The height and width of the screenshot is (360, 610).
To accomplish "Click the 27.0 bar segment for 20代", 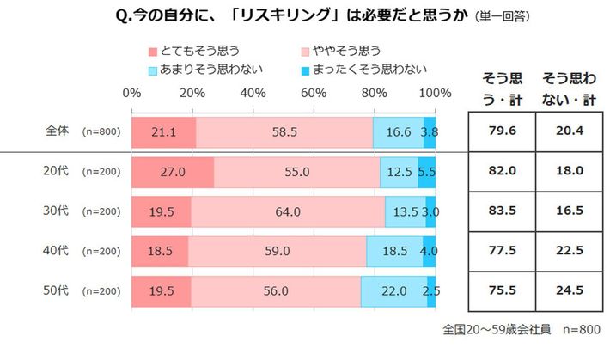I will (x=173, y=171).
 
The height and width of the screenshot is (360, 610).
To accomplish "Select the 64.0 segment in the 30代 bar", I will (x=288, y=211).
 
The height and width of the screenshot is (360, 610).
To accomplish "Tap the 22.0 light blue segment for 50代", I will (x=393, y=291).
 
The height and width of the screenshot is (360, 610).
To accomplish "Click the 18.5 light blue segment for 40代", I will (x=394, y=251).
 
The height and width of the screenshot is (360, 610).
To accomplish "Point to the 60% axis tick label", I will (x=314, y=93).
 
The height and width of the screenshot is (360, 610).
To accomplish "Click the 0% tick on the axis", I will (x=132, y=93).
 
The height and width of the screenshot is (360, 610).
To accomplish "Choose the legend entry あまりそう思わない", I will (x=205, y=68).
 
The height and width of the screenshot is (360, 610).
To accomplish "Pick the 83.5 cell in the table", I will (x=500, y=211).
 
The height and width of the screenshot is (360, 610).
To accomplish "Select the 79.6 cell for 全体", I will (x=500, y=131).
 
